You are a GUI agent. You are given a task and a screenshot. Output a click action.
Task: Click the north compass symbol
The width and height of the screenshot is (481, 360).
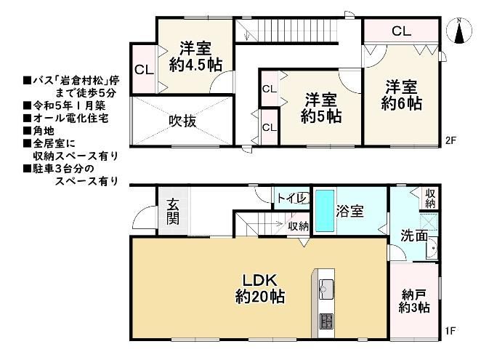[x=459, y=31]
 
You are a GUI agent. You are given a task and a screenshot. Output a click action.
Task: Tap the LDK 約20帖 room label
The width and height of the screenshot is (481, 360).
[x=260, y=289]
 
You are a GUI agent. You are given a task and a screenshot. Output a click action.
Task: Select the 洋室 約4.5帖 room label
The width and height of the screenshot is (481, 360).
[x=195, y=57]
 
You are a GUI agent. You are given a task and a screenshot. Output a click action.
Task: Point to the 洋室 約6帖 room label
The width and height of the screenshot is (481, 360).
[x=401, y=95]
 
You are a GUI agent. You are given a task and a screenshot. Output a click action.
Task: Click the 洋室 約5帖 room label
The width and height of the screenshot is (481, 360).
[x=321, y=108]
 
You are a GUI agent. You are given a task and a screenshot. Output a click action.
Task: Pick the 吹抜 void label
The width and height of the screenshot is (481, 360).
[x=182, y=121]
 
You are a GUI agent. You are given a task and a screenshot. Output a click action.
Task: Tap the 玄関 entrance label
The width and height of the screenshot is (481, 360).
[x=173, y=212]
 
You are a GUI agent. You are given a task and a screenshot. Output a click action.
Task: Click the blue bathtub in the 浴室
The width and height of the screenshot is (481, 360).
[x=325, y=211]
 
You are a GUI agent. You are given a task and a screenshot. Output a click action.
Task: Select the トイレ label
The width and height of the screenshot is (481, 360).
[x=292, y=198]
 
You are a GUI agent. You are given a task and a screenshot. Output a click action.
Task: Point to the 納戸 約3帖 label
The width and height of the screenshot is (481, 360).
[x=414, y=301]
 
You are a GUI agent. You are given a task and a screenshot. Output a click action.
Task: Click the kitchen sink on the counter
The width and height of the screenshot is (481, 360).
[x=326, y=289]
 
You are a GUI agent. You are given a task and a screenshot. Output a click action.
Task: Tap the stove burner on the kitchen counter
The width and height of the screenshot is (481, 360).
[x=326, y=321]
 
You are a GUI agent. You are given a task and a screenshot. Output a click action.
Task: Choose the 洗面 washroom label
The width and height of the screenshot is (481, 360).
[x=414, y=236]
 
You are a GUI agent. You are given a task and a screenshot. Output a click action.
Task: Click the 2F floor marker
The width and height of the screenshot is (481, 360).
[x=451, y=140]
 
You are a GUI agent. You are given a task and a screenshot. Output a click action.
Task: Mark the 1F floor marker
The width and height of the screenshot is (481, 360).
[x=450, y=331]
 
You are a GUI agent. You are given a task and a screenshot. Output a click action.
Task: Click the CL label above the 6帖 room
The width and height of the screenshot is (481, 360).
[x=401, y=31]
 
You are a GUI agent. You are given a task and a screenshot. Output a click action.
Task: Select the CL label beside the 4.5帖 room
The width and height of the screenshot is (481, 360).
[x=144, y=70]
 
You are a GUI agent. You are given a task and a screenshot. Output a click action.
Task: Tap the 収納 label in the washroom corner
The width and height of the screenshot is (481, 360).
[x=430, y=199]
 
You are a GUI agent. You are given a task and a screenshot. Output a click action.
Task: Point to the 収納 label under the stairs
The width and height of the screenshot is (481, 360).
[x=298, y=227]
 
